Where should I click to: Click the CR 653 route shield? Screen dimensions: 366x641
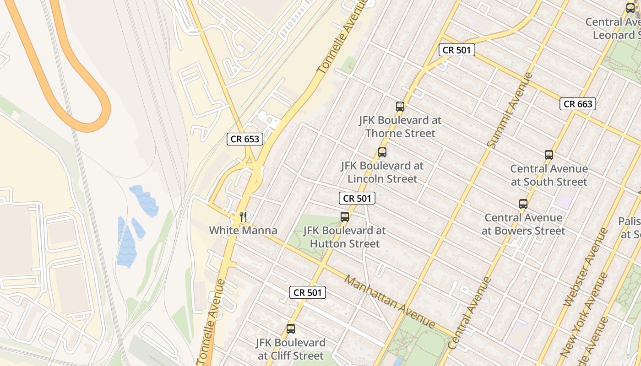(245, 139)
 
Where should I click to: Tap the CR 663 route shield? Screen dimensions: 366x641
(578, 104)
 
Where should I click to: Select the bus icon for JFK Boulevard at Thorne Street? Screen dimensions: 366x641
(400, 107)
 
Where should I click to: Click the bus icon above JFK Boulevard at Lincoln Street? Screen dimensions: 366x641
(382, 152)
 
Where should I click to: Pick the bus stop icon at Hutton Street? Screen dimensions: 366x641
(345, 217)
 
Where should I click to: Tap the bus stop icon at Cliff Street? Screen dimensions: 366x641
(291, 329)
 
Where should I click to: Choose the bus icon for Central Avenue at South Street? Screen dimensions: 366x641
(549, 155)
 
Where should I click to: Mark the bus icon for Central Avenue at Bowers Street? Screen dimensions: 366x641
(523, 204)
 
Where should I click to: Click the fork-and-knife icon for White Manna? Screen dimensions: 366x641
(243, 216)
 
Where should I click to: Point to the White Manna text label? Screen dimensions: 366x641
(243, 230)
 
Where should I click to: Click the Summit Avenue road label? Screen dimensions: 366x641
(510, 110)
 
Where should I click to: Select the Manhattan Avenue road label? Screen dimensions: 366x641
(390, 301)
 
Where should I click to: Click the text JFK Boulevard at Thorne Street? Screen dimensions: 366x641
(400, 127)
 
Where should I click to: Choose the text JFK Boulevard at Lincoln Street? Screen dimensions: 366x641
(382, 172)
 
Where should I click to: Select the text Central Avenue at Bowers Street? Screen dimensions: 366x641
(523, 224)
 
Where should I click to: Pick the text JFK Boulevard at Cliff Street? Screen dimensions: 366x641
(291, 349)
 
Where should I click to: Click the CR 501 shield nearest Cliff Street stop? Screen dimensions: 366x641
(308, 292)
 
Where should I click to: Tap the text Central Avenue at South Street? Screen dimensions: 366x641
(549, 175)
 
